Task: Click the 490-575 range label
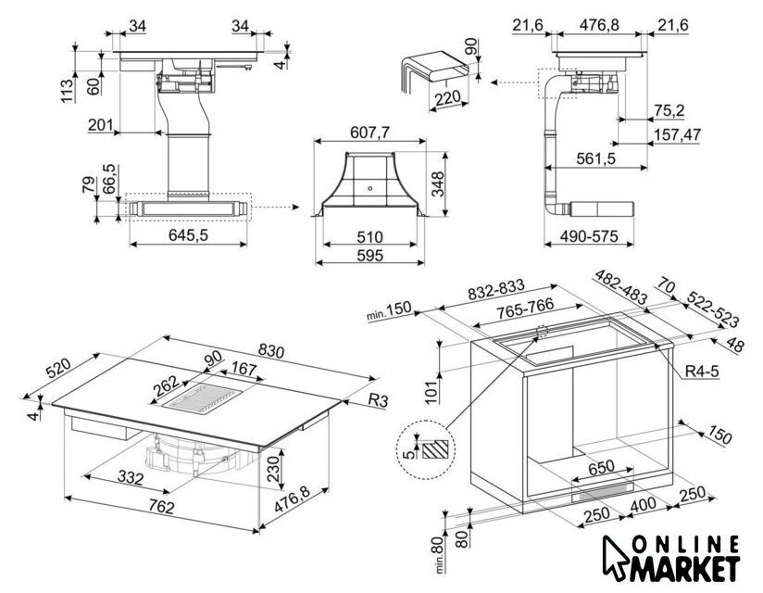pyautogui.click(x=588, y=237)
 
